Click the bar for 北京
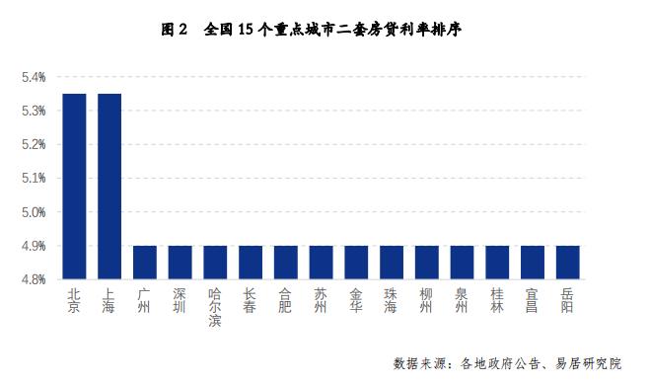(74, 187)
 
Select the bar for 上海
(109, 187)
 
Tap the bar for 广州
(144, 263)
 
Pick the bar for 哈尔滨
(215, 263)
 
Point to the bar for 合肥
(286, 263)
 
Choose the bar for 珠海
(392, 263)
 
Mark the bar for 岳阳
(568, 263)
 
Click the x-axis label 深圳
(180, 300)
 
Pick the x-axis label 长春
(251, 300)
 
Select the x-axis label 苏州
(321, 300)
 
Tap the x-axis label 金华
(356, 300)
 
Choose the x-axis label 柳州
(427, 300)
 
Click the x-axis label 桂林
(497, 300)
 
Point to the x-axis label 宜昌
(533, 300)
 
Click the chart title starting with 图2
(312, 30)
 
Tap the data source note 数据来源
(519, 362)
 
